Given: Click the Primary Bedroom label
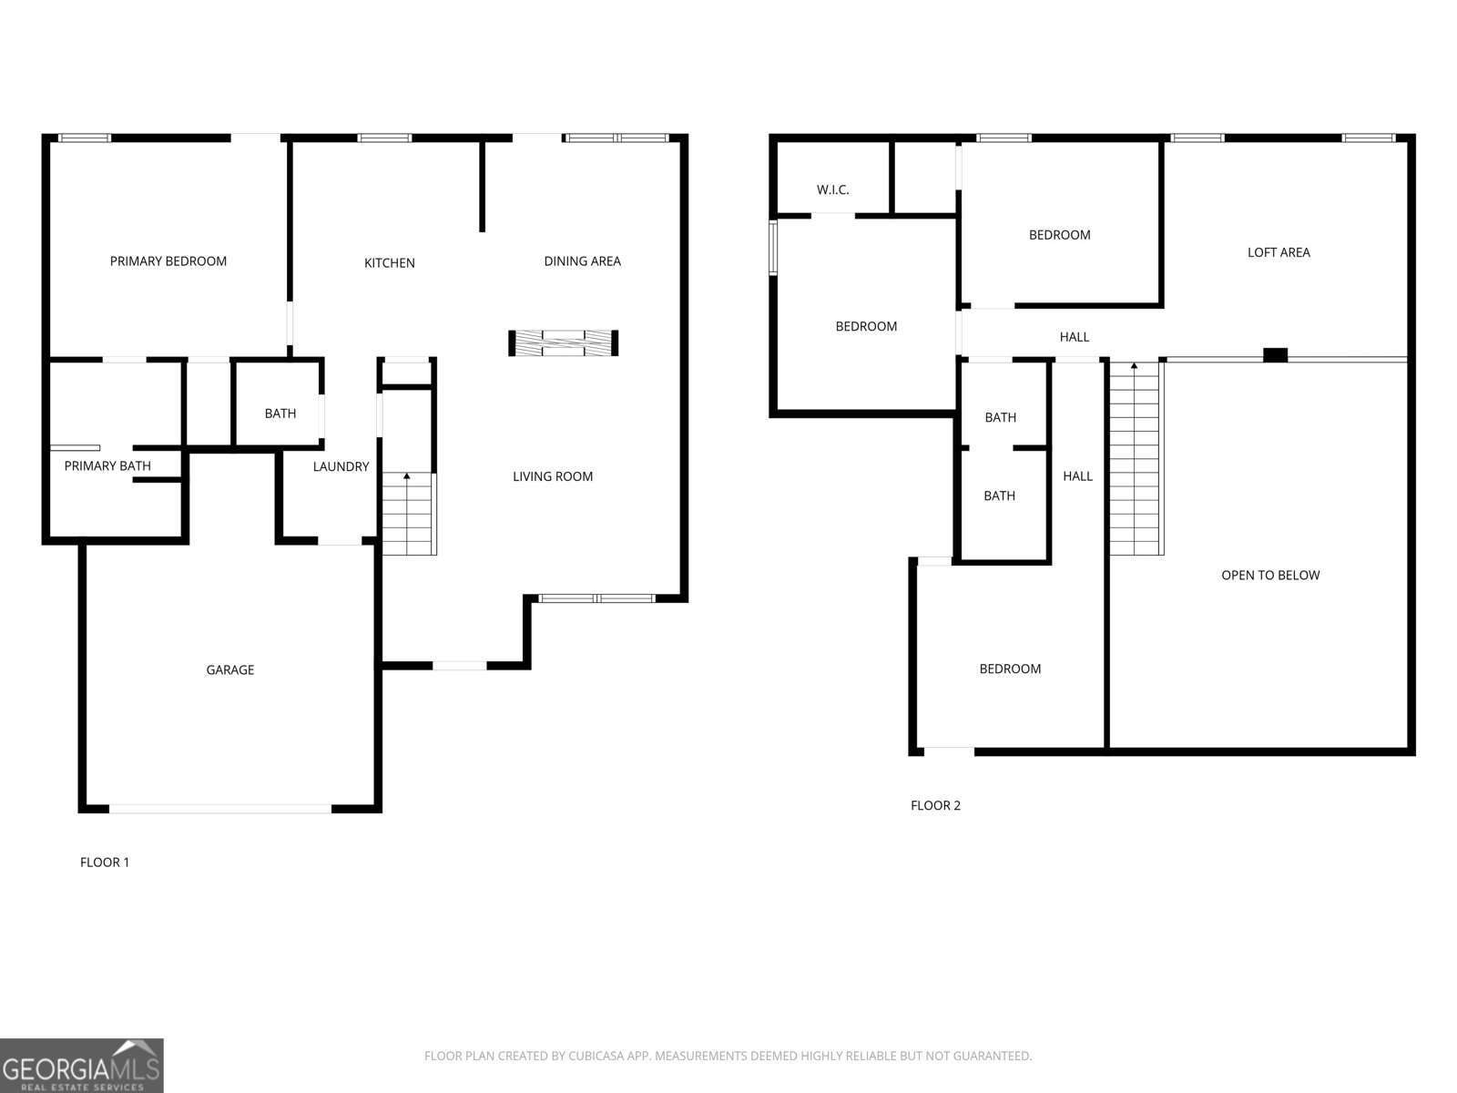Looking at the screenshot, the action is point(168,261).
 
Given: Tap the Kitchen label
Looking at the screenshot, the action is point(390,263).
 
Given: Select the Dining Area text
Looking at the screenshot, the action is point(582,261).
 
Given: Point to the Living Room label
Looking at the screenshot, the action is point(552,476).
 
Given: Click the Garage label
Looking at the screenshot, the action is point(229,670).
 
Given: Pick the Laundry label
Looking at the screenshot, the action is point(341,466).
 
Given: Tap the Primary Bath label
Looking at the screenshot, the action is point(107,465).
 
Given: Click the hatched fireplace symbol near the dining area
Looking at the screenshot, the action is point(563,343).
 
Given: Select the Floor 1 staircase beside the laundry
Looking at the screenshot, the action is point(409,513).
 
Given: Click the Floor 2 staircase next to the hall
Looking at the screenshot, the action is point(1136,458).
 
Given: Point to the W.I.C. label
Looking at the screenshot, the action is point(832,189).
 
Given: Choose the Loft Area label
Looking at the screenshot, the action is point(1279,252).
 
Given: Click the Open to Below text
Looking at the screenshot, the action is point(1270,576).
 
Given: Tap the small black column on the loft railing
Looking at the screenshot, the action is point(1275,355).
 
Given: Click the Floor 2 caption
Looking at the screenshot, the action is point(935,806).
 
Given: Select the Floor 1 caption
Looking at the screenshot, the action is point(104,863).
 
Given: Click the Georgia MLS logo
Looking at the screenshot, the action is point(82,1066).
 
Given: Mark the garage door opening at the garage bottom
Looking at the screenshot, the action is point(220,809).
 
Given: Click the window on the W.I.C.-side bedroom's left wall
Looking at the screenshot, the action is point(772,248).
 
